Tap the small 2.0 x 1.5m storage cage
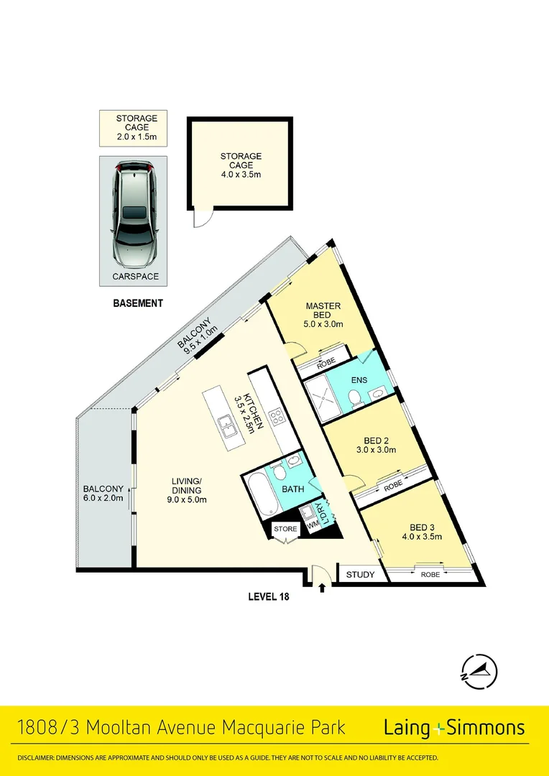(x=132, y=127)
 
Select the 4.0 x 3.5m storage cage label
(x=241, y=164)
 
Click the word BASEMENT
(x=138, y=303)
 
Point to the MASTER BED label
(x=323, y=315)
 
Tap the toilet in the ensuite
(x=354, y=397)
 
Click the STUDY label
(x=360, y=575)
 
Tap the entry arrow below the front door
(x=321, y=588)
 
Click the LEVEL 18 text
(x=268, y=596)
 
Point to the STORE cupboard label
(x=285, y=530)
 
